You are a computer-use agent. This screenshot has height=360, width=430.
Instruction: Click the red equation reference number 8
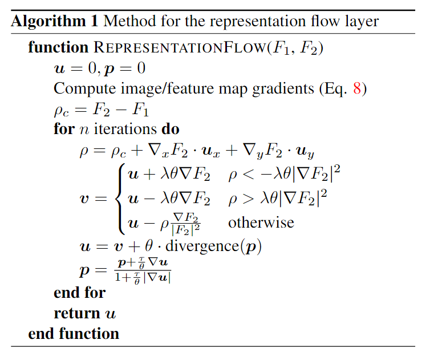(356, 89)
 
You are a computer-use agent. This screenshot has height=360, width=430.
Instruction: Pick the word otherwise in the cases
(261, 222)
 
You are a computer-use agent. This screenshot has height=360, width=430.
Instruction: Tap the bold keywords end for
(79, 293)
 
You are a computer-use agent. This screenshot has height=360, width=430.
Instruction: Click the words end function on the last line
(74, 334)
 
